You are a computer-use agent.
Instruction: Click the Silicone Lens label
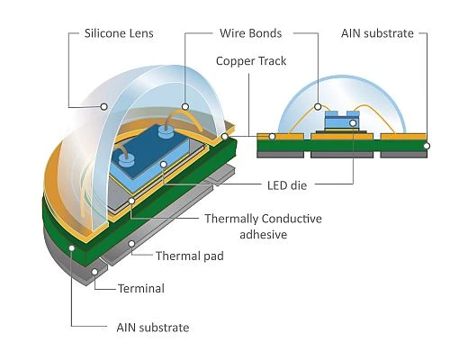click(x=119, y=33)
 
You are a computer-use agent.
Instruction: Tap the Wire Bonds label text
click(x=251, y=33)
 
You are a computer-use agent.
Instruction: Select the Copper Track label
click(x=251, y=61)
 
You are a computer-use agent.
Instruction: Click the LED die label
click(x=287, y=185)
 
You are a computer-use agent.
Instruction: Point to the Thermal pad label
click(x=190, y=256)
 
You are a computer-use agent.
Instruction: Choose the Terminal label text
click(x=141, y=289)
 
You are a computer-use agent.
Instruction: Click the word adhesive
click(x=264, y=234)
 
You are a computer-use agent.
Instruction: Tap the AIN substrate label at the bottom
click(x=153, y=328)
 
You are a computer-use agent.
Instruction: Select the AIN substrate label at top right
click(x=377, y=33)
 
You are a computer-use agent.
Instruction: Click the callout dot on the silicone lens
click(x=103, y=106)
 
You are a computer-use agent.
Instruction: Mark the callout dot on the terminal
click(x=94, y=272)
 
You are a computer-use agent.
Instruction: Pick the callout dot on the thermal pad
click(x=131, y=244)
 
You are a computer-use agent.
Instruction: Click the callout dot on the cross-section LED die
click(x=353, y=123)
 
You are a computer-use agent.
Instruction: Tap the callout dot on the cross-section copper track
click(x=272, y=137)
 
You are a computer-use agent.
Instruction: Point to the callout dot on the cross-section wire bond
click(x=318, y=106)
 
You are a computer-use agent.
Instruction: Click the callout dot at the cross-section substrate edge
click(x=427, y=146)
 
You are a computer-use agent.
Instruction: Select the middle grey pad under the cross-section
click(x=342, y=155)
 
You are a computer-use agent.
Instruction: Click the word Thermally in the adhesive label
click(x=229, y=219)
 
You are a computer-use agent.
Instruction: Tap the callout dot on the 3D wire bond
click(x=185, y=106)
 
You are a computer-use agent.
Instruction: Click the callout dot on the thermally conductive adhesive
click(x=131, y=201)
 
